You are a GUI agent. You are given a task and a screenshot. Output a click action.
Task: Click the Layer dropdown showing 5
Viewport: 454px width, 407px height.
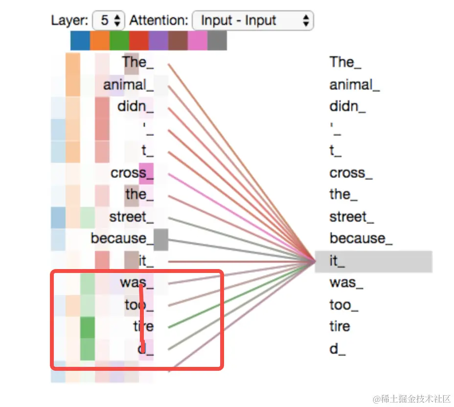tap(109, 21)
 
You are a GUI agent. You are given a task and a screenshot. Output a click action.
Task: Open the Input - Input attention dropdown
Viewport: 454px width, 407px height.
tap(252, 21)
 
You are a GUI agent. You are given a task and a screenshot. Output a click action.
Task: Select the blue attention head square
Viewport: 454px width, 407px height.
tap(80, 41)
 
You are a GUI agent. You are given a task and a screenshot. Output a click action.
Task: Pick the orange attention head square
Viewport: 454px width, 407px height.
tap(99, 41)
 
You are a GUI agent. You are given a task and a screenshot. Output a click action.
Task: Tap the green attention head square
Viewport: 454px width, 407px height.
tap(119, 41)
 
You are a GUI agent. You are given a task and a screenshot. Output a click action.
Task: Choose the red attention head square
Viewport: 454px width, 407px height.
tap(138, 41)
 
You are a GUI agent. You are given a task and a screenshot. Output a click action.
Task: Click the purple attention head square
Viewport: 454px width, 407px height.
tap(158, 41)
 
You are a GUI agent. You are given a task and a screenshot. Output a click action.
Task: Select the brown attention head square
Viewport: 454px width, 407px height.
tap(178, 41)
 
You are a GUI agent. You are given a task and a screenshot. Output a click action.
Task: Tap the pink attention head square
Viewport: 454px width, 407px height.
tap(197, 41)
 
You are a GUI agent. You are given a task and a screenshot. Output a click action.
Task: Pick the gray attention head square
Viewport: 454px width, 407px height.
tap(217, 41)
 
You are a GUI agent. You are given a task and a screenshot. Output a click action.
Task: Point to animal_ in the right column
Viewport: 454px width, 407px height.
tap(354, 85)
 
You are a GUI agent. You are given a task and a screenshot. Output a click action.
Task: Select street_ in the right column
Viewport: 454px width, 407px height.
tap(351, 216)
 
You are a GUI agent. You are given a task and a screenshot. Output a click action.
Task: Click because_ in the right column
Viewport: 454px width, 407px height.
tap(361, 238)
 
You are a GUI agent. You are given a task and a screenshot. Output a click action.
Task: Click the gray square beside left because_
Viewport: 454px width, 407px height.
tap(161, 239)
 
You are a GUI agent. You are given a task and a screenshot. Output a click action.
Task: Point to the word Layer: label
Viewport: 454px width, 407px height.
tap(69, 21)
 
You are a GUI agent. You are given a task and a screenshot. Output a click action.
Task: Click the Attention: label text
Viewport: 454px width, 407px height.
tap(159, 21)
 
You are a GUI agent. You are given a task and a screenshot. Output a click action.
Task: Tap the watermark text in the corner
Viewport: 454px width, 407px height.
tap(411, 398)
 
